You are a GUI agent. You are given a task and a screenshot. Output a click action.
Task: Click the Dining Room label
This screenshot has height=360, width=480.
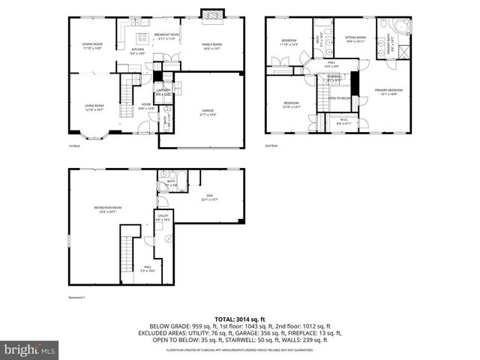tap(92, 46)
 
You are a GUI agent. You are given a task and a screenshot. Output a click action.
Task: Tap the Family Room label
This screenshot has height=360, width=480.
tap(212, 46)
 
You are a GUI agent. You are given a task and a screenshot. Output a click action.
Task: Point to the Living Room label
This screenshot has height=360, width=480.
tap(94, 107)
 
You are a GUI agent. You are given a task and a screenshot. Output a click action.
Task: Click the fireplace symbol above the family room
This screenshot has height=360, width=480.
tap(211, 13)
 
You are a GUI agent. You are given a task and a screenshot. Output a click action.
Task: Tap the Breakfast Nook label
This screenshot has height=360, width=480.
tap(166, 35)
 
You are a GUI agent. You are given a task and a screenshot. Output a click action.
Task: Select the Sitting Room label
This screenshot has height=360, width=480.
tap(355, 38)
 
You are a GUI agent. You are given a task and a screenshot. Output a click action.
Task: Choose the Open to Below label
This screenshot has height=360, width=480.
tap(340, 98)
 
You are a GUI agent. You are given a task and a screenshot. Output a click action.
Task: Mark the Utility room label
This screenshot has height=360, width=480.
tap(162, 217)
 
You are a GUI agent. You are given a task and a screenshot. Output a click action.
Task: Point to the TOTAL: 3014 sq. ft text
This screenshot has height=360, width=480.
tap(239, 319)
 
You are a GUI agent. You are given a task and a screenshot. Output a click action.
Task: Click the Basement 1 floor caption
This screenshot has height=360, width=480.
tap(77, 298)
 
